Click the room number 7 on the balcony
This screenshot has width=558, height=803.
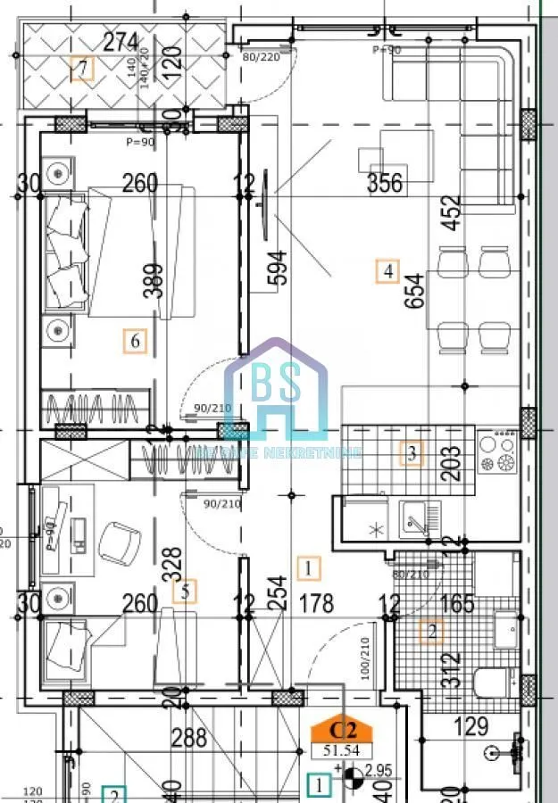tap(82, 68)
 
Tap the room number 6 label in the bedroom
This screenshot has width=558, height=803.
tap(135, 341)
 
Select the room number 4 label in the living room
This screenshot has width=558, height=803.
tap(387, 270)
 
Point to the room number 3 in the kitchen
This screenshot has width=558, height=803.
tap(412, 454)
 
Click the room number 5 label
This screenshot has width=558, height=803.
tap(184, 591)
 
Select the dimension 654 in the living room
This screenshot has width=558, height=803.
tap(414, 290)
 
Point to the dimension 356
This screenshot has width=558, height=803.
tap(386, 184)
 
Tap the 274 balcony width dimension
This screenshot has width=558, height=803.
tap(121, 41)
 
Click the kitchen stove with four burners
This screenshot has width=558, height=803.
tap(497, 452)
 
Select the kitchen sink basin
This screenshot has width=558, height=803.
tap(417, 516)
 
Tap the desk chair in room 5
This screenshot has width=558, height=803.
tap(120, 540)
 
